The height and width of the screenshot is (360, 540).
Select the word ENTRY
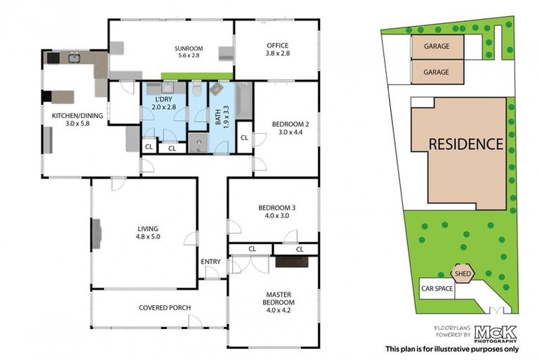coord(210,262)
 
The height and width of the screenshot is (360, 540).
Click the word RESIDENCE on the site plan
coord(466,144)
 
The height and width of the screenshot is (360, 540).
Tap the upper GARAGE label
coord(437,46)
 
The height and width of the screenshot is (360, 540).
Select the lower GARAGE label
coord(437,72)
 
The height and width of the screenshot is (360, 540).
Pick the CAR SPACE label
coord(436,288)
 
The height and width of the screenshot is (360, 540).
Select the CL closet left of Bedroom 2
coord(243,137)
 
